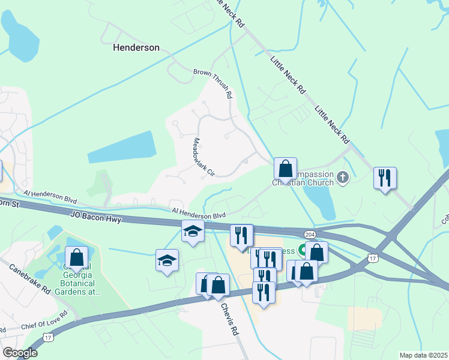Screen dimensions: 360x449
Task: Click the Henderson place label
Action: pyautogui.click(x=136, y=47)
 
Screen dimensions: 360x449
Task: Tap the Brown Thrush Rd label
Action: pyautogui.click(x=213, y=82)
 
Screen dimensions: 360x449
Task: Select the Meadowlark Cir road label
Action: pyautogui.click(x=203, y=157)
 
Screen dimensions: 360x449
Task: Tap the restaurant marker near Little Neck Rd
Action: pyautogui.click(x=385, y=178)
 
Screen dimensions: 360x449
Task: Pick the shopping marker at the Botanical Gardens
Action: pyautogui.click(x=77, y=257)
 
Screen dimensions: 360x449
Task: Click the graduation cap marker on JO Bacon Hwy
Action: pyautogui.click(x=193, y=231)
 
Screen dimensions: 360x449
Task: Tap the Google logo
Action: pyautogui.click(x=20, y=353)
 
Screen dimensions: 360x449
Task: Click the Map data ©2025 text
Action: pyautogui.click(x=423, y=355)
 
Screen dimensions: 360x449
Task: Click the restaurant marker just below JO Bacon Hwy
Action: pyautogui.click(x=242, y=235)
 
